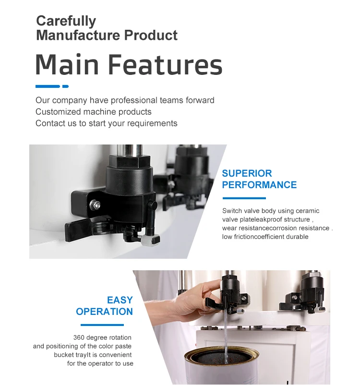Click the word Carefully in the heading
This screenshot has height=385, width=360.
tap(66, 21)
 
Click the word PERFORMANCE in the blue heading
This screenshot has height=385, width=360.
tap(259, 185)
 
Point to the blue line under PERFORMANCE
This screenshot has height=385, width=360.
tap(244, 198)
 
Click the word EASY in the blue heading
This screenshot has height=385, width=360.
tap(120, 300)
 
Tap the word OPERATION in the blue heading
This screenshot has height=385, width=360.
tap(104, 312)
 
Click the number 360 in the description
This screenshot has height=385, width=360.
tap(79, 337)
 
